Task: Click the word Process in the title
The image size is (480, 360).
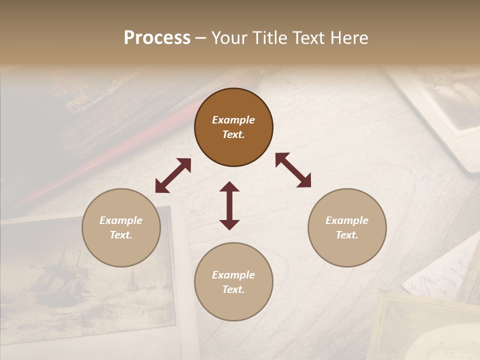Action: point(157,38)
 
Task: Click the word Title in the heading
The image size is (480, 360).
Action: point(266,38)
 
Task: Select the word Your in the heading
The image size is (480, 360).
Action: point(230,38)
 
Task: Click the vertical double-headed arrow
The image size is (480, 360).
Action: point(229,205)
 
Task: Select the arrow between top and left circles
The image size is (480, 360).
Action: point(173,175)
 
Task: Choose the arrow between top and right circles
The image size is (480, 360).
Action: point(293,170)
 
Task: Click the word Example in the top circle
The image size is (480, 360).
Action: point(233,120)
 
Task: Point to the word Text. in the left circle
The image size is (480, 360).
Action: point(121,235)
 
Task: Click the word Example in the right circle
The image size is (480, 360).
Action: point(347,220)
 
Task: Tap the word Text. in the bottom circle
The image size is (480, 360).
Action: point(233,289)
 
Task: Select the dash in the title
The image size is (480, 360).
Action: point(200,38)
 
